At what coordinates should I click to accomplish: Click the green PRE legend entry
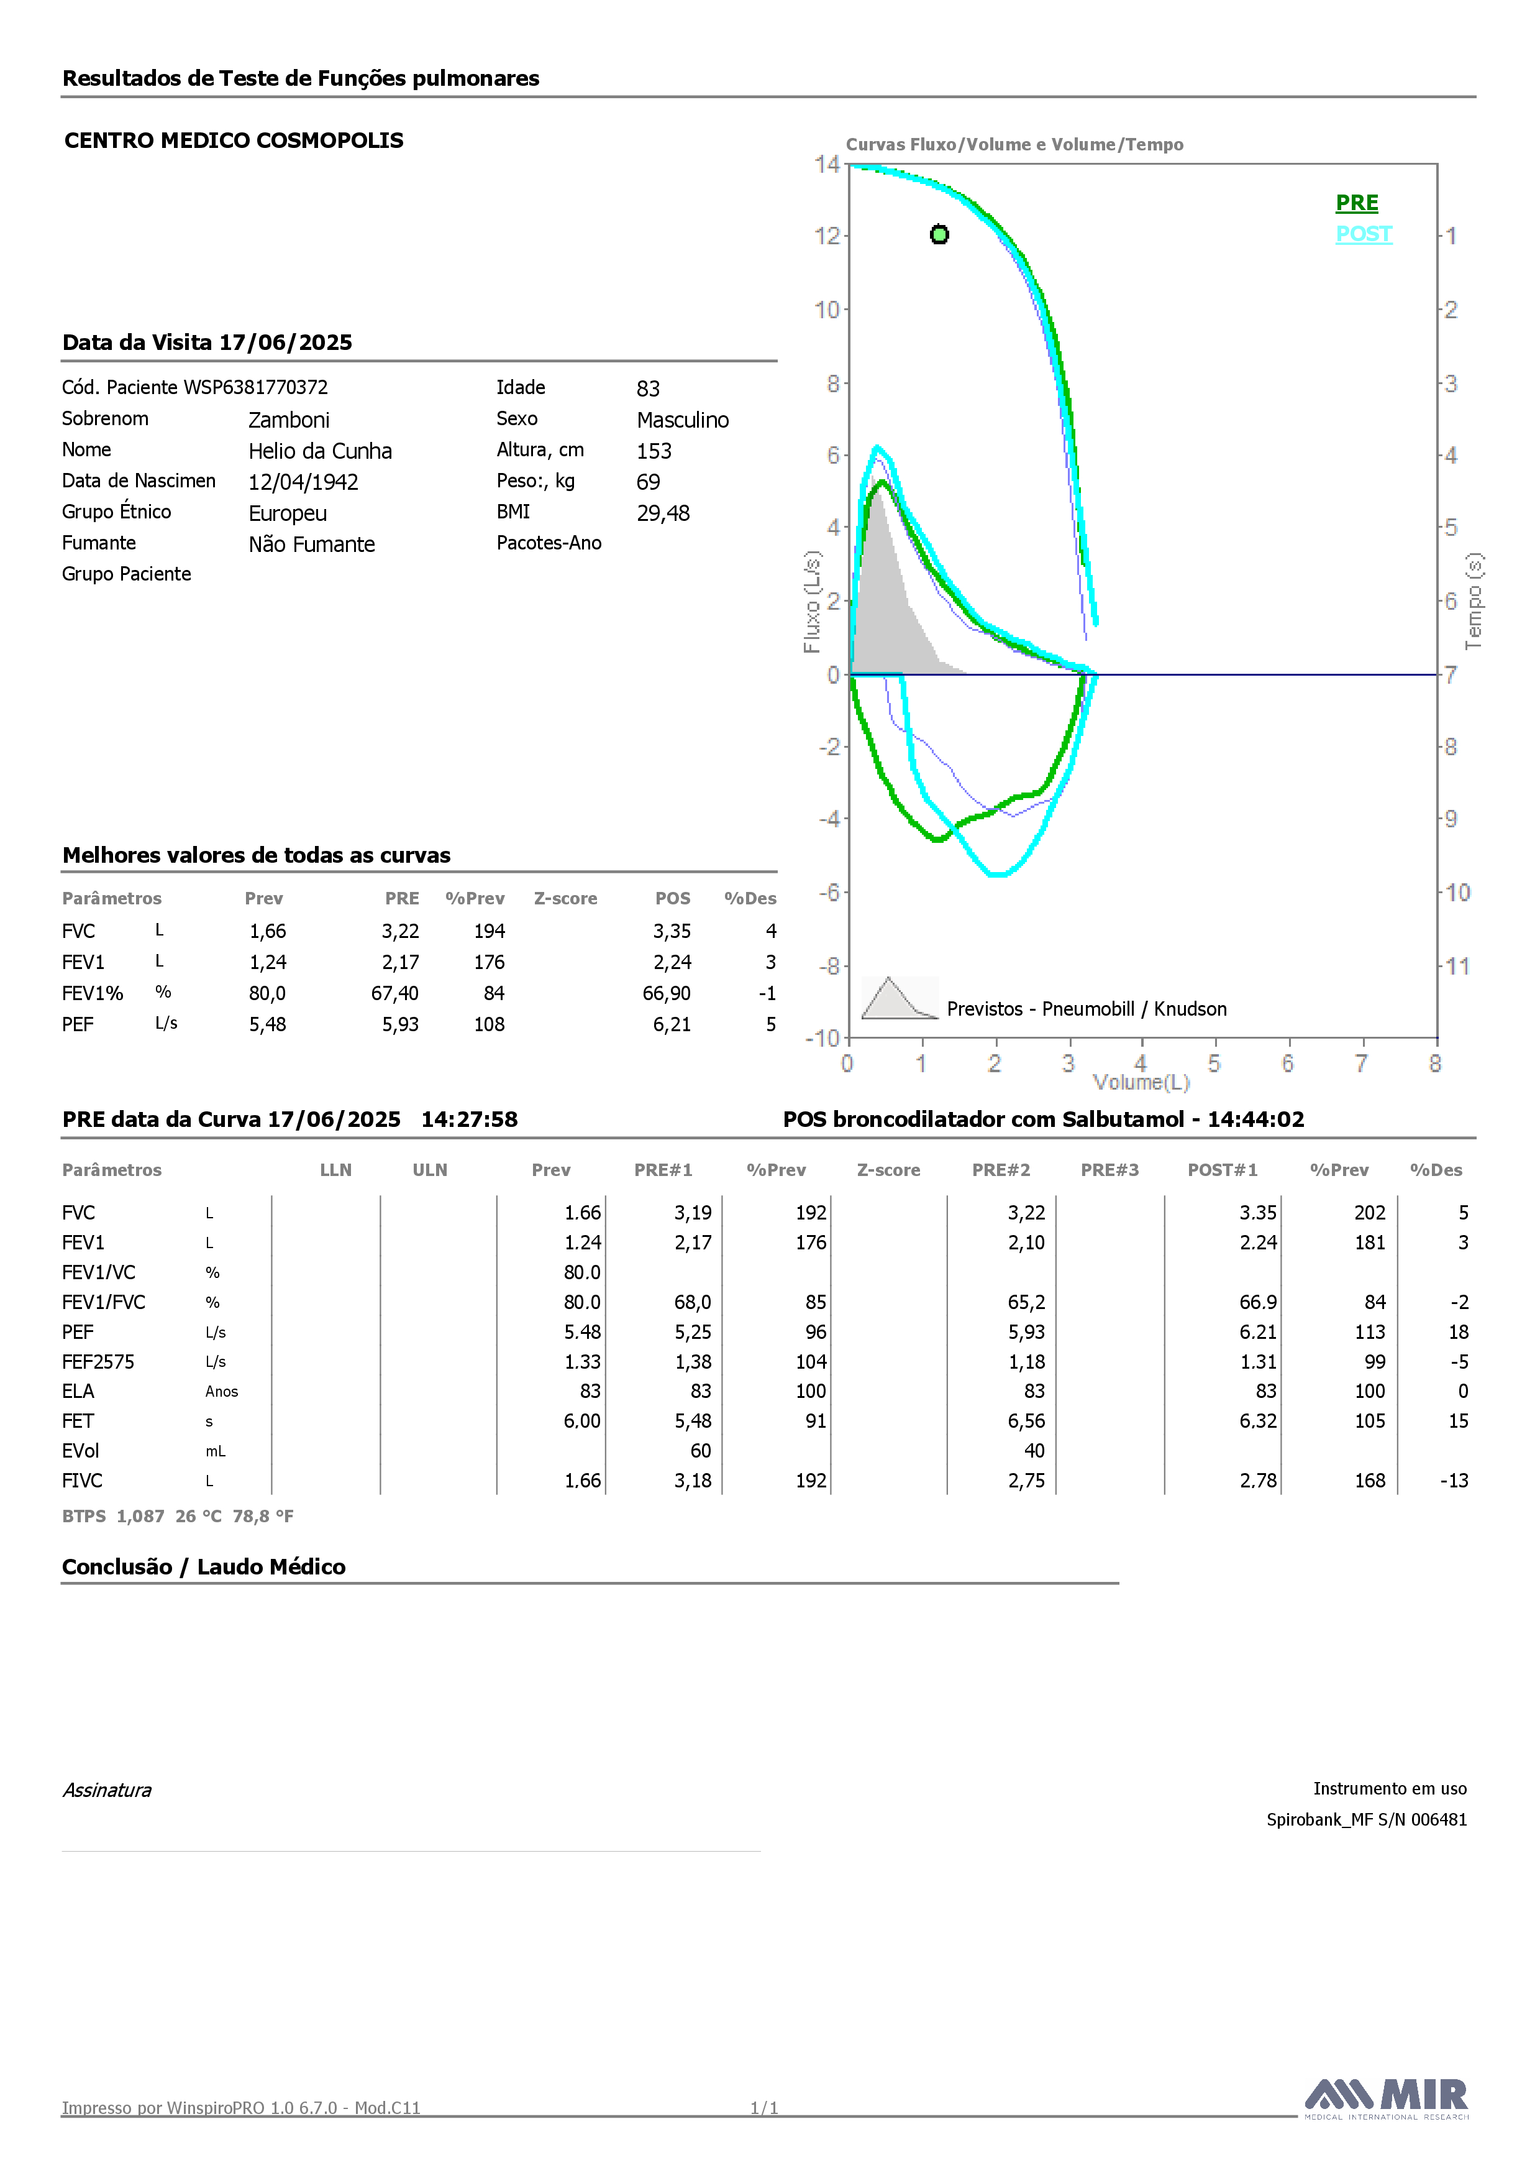pos(1356,203)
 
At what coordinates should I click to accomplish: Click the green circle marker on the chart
pos(939,234)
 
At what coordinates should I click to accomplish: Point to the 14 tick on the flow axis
pos(827,164)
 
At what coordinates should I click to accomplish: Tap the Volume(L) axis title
pos(1141,1082)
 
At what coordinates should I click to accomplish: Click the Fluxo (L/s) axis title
pos(812,602)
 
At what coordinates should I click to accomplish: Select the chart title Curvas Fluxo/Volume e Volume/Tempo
pos(1014,144)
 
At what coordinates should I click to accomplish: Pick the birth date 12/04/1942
pos(303,482)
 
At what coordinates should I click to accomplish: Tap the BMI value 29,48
pos(663,513)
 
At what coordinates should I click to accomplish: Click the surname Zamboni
pos(289,420)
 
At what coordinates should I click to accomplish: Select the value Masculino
pos(683,420)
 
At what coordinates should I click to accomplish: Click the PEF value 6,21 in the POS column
pos(672,1024)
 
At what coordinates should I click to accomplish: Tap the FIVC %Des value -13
pos(1453,1481)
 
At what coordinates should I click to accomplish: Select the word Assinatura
pos(107,1790)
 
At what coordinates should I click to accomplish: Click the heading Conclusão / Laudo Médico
pos(204,1567)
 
